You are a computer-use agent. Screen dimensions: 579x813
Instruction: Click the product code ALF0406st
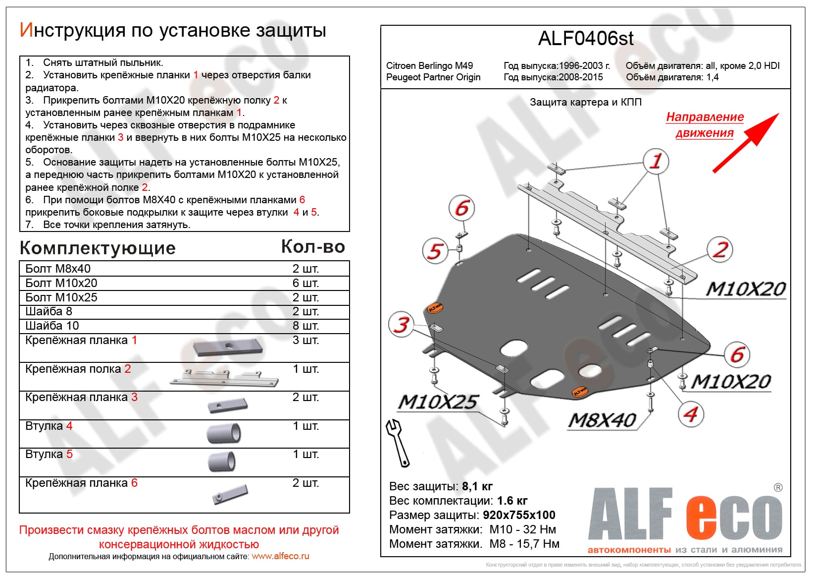[x=585, y=39]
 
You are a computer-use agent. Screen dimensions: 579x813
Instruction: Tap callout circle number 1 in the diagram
[x=656, y=161]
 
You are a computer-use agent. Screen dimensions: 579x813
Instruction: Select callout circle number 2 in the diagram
[x=720, y=249]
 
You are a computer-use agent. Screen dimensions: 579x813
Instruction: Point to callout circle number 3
[x=401, y=325]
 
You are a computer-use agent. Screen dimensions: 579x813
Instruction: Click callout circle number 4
[x=690, y=414]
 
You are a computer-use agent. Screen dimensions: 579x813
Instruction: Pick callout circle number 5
[x=435, y=250]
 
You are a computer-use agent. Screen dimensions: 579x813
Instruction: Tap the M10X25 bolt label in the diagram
[x=438, y=402]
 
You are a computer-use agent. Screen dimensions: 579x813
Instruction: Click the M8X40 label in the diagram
[x=602, y=420]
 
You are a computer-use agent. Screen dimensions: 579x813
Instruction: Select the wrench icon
[x=398, y=442]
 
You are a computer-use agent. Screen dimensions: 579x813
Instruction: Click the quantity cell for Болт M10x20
[x=305, y=283]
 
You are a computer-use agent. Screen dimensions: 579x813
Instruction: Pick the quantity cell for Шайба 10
[x=305, y=326]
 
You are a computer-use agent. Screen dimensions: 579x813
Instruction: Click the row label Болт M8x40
[x=58, y=269]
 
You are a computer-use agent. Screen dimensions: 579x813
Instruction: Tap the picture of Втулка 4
[x=224, y=433]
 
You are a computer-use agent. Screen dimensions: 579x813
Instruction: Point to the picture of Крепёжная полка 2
[x=224, y=378]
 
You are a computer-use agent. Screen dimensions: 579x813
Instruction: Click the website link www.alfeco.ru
[x=280, y=556]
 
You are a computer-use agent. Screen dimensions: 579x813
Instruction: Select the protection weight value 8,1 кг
[x=477, y=486]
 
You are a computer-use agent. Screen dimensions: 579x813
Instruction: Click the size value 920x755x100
[x=519, y=515]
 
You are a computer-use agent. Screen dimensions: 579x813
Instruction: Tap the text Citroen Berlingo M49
[x=429, y=65]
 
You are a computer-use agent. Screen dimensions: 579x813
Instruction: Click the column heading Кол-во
[x=313, y=247]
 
